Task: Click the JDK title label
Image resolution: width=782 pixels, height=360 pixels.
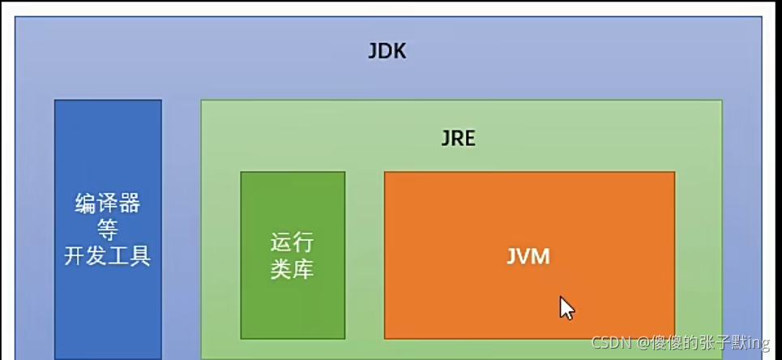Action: point(387,53)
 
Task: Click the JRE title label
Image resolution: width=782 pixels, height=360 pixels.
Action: point(458,138)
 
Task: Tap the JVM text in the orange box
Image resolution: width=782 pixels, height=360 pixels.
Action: point(528,257)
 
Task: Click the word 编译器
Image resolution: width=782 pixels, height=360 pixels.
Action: point(108,203)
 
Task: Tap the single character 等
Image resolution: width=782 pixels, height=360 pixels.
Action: point(108,229)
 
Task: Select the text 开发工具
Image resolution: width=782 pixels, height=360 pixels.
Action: point(108,256)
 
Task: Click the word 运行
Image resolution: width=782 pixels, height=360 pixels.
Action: point(293,242)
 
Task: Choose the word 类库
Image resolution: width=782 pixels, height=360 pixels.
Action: point(293,268)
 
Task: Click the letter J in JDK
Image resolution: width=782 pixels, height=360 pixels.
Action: point(373,53)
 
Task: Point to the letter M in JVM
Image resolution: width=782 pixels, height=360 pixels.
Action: point(541,257)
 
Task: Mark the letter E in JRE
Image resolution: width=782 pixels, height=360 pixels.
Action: point(469,138)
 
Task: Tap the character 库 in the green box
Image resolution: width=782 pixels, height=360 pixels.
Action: point(303,268)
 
